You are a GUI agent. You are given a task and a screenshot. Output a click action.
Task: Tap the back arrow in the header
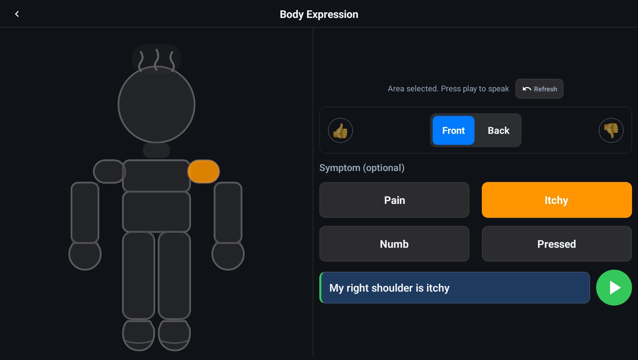coord(17,14)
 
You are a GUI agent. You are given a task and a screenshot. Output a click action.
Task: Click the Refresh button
coord(539,89)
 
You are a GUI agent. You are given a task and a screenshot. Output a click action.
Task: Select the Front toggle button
coord(453,130)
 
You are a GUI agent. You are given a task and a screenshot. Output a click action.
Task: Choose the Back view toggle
coord(498,130)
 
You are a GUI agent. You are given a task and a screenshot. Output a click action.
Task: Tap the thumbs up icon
coord(340,130)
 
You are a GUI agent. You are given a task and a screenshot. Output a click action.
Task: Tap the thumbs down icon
coord(611,130)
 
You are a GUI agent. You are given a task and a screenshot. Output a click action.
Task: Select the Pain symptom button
coord(394,200)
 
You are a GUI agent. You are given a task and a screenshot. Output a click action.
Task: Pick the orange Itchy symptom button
coord(557,200)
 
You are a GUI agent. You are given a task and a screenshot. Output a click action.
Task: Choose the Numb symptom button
coord(394,244)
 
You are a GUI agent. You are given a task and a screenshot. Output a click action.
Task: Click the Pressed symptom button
coord(557,244)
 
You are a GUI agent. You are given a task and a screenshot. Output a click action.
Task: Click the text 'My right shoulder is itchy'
coord(389,288)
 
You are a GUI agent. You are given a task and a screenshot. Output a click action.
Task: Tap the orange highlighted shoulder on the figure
coord(203,171)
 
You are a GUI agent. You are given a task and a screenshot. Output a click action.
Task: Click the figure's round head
coord(157,104)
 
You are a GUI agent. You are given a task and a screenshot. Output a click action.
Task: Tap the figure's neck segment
coord(157,150)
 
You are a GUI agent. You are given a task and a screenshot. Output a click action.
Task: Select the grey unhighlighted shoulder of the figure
coord(109,171)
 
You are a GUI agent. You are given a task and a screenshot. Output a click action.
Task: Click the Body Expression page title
coord(319,14)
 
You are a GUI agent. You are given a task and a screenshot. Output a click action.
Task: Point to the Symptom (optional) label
coord(362,168)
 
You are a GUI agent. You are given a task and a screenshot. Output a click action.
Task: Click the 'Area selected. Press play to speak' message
coord(448,89)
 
